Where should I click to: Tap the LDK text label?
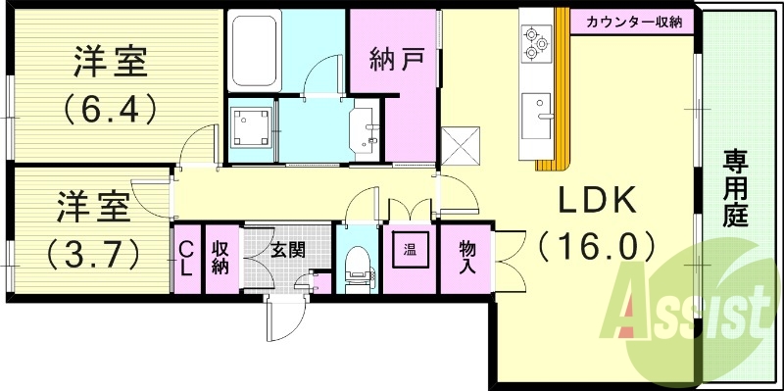click(598, 200)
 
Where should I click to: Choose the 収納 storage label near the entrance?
click(220, 259)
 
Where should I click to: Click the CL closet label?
click(184, 259)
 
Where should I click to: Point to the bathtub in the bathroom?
click(255, 51)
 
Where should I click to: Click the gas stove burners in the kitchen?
click(536, 41)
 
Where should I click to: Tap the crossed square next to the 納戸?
click(460, 146)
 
